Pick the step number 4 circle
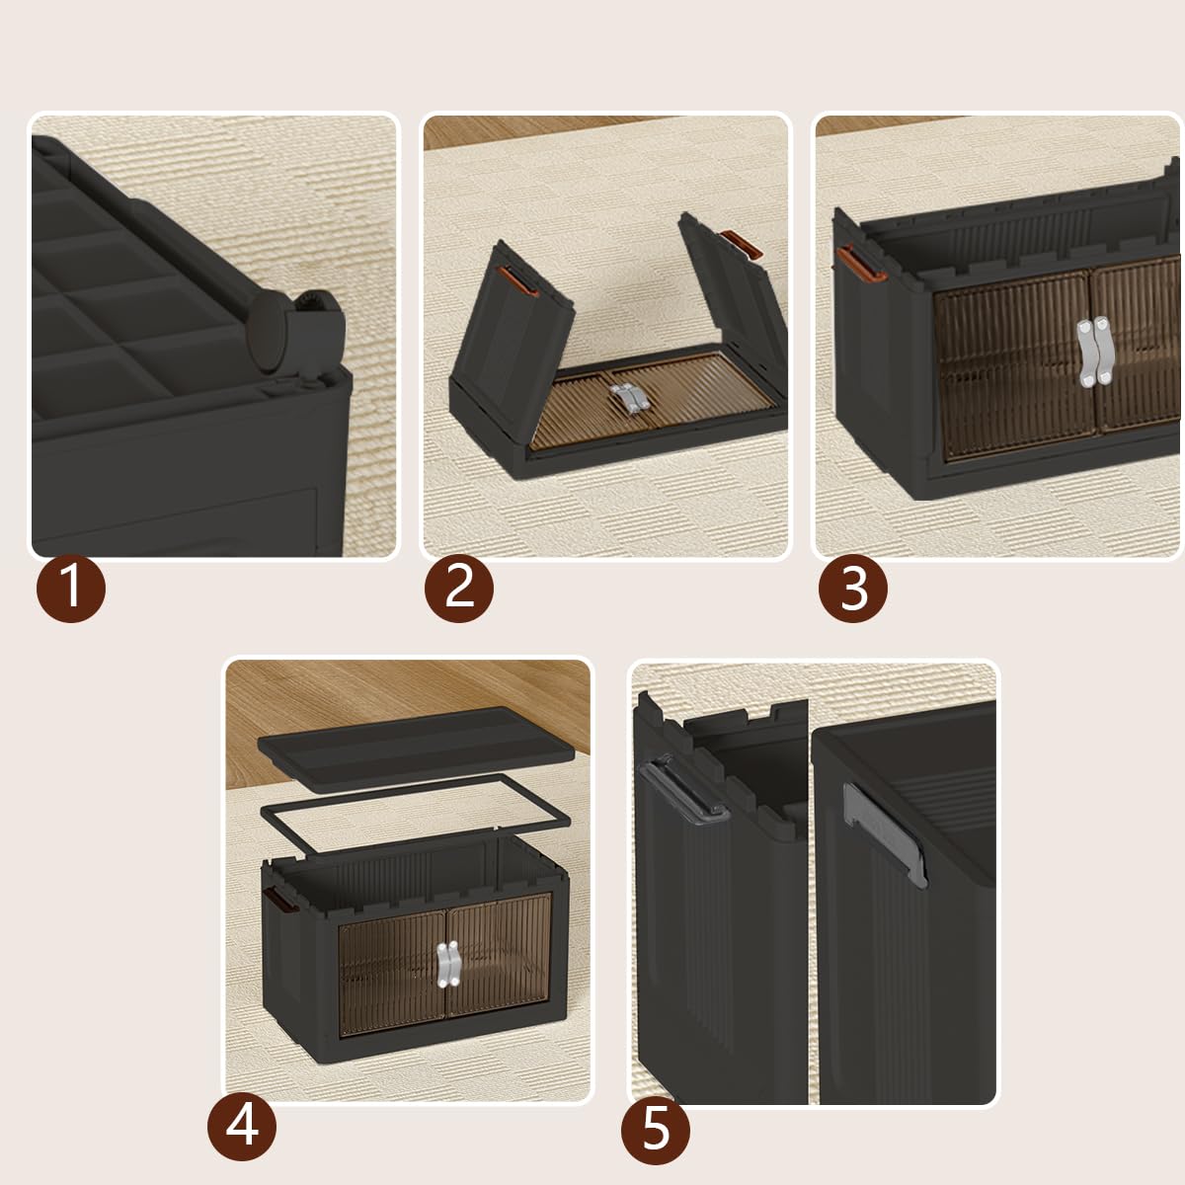242,1126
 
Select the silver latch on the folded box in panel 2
628,399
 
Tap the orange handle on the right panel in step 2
743,244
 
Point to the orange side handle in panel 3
859,264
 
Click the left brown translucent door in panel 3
1015,365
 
